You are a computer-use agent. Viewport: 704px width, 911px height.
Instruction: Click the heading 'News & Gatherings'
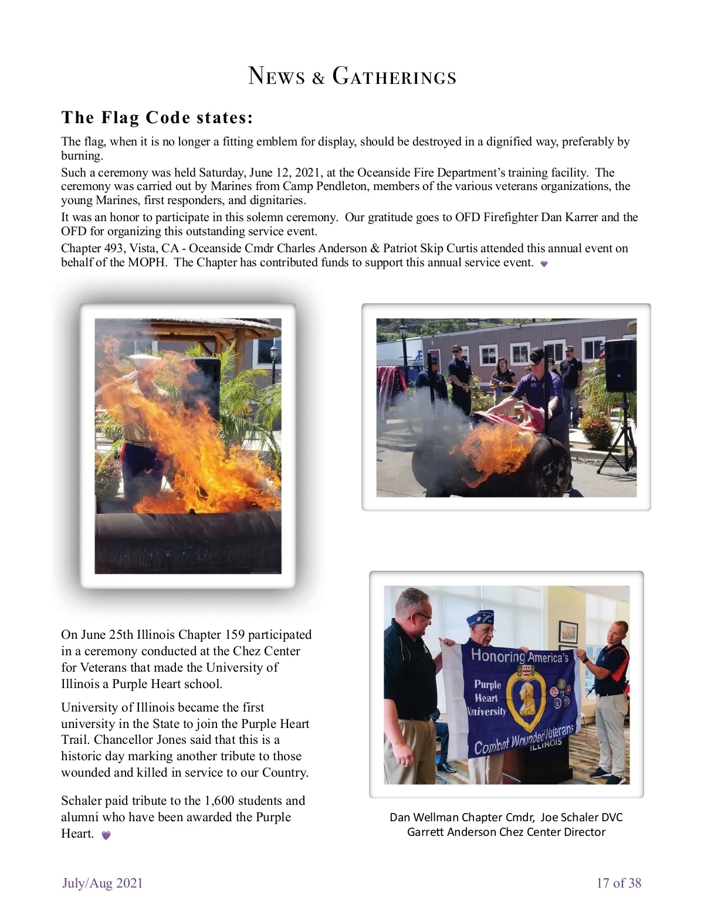point(352,76)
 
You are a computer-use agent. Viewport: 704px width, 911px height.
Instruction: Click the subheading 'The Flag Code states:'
point(157,117)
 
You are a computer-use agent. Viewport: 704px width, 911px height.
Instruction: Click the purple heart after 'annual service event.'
point(544,264)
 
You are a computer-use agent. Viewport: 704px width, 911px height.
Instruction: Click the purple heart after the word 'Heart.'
point(106,835)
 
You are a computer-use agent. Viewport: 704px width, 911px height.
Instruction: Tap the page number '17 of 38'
point(618,883)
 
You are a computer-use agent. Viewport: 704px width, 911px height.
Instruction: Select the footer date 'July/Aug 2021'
point(103,883)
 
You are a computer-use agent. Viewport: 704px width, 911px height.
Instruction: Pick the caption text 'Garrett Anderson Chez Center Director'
point(506,832)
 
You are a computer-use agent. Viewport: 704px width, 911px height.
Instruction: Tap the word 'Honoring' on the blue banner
point(497,655)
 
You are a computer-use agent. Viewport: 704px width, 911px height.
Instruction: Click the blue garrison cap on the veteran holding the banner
point(480,618)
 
